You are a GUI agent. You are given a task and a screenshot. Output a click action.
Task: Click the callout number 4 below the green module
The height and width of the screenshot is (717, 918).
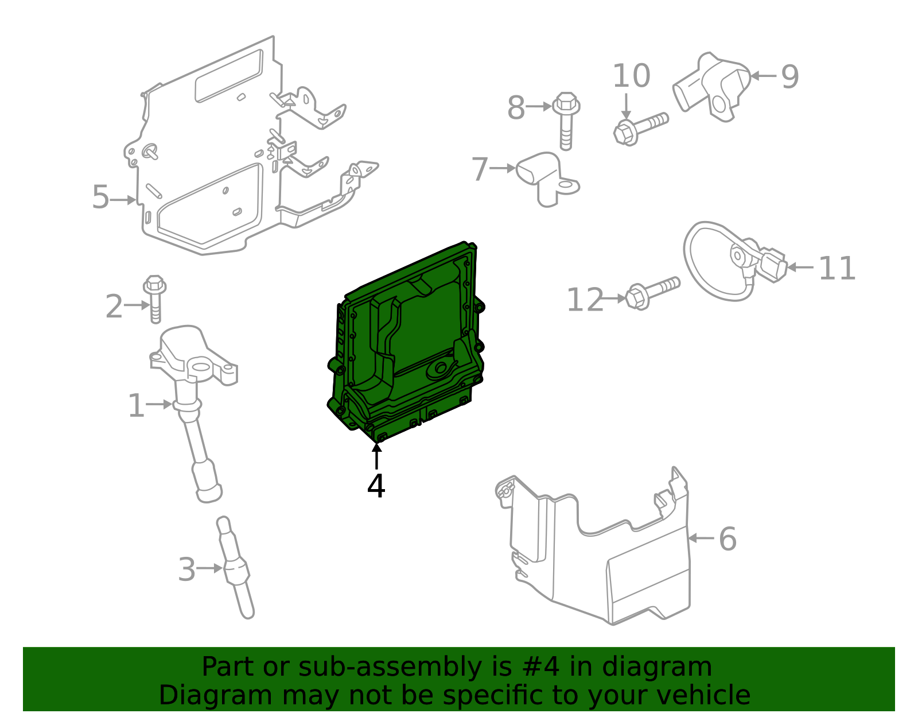click(x=376, y=486)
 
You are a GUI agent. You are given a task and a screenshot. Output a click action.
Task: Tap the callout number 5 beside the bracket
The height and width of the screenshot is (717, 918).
click(x=100, y=197)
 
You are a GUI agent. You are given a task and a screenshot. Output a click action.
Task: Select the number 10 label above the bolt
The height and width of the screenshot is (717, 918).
click(x=631, y=76)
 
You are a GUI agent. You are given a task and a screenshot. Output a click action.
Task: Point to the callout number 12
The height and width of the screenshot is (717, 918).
click(x=585, y=300)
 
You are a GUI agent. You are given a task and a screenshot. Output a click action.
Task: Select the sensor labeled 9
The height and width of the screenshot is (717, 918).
click(x=711, y=86)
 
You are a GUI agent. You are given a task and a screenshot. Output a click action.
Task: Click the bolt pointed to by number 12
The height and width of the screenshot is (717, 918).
click(x=653, y=292)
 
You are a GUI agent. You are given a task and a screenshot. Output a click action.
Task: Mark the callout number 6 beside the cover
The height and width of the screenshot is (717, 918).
click(x=727, y=539)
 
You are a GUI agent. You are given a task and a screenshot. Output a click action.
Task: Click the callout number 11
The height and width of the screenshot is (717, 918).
click(x=837, y=268)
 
